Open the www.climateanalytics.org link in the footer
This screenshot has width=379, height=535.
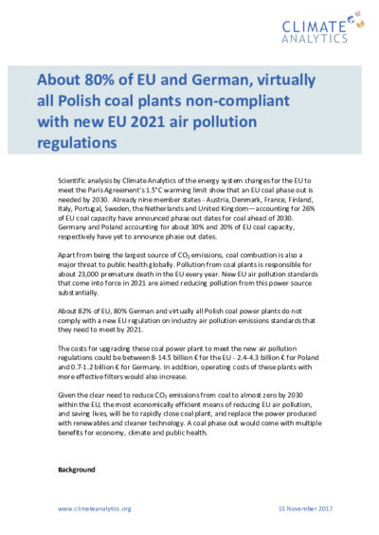tap(95, 509)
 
